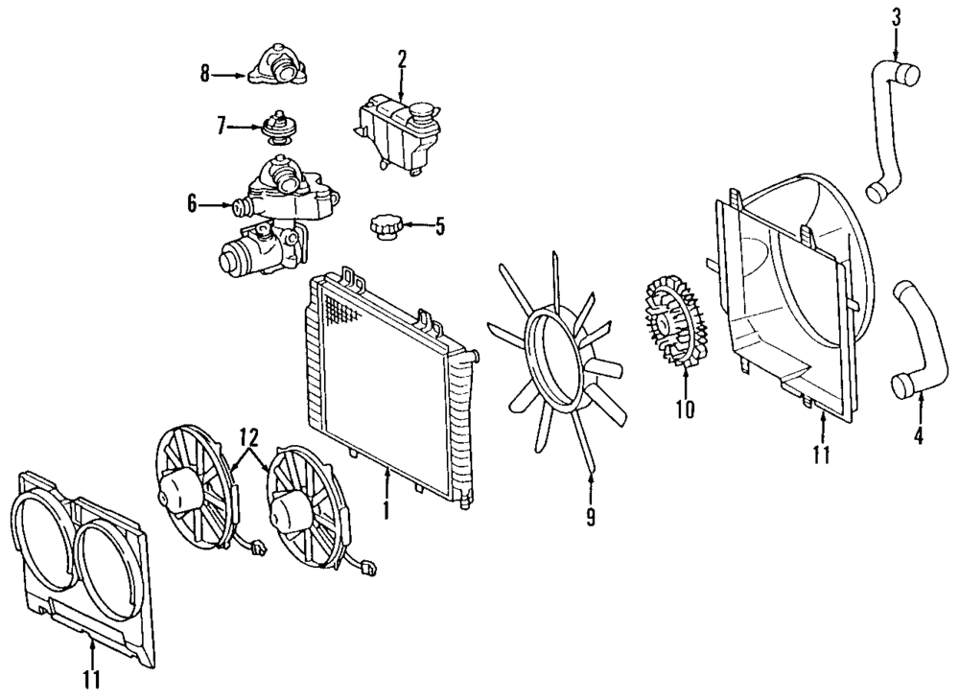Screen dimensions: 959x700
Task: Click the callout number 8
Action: pos(205,74)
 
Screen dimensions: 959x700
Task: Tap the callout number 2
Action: pos(402,58)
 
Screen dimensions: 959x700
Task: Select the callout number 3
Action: pos(896,16)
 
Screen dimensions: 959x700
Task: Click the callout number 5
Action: pos(440,227)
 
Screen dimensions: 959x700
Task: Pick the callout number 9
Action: pos(591,517)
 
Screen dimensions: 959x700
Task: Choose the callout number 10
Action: pos(684,409)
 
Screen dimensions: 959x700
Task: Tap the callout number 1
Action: pos(386,508)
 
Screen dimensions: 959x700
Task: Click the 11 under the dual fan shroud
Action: pos(92,680)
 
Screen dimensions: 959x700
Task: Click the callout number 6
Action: pos(193,203)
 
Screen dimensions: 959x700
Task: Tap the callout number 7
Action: pos(221,125)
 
